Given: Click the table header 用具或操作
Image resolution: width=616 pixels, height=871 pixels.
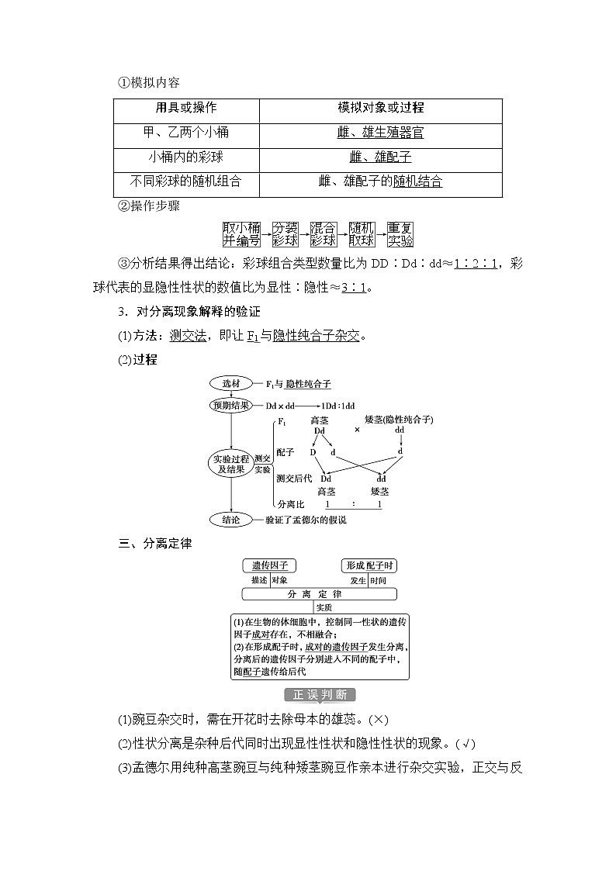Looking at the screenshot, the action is point(186,108).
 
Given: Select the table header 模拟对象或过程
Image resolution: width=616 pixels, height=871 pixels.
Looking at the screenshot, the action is point(380,108).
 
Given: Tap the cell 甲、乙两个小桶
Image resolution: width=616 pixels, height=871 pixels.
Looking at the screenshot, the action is point(186,133).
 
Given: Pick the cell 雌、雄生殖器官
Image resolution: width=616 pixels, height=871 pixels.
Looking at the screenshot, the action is point(380,133).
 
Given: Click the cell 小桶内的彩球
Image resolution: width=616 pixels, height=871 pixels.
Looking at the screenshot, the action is point(186,157).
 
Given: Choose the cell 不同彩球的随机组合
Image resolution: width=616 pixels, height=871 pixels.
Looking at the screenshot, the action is point(186,181).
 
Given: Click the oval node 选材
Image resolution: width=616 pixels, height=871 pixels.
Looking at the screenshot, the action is point(231,383).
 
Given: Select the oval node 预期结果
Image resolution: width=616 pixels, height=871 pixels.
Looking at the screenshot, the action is point(231,405).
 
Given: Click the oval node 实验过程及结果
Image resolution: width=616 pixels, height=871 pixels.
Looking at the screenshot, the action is point(231,464).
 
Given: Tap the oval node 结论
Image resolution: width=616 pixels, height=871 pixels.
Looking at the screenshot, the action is point(231,520).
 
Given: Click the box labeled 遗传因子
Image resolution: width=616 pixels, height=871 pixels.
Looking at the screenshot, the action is point(269,565).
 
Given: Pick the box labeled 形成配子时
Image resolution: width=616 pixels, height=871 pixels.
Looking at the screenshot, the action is point(369,565).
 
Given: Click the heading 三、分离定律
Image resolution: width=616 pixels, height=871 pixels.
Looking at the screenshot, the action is point(154,543).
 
